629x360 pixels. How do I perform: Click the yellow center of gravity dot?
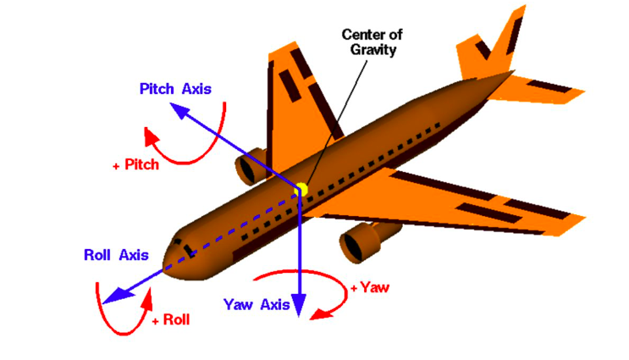[x=302, y=190]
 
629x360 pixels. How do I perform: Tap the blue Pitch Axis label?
[x=175, y=89]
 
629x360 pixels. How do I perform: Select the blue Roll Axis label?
[x=116, y=255]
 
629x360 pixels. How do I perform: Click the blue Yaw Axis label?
[x=257, y=305]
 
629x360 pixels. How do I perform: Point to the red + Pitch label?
[x=136, y=164]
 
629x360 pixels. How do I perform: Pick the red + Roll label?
[x=171, y=320]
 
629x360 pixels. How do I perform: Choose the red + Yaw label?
[x=370, y=287]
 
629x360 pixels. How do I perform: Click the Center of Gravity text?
[x=372, y=42]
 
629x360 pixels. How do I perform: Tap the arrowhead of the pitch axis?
[x=179, y=109]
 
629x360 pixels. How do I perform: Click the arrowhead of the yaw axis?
[x=299, y=305]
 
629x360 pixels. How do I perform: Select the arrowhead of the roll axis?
[x=117, y=295]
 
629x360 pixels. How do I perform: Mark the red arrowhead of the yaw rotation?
[x=322, y=314]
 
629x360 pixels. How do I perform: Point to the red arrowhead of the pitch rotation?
[x=151, y=137]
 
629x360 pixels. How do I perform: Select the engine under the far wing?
[x=251, y=166]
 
